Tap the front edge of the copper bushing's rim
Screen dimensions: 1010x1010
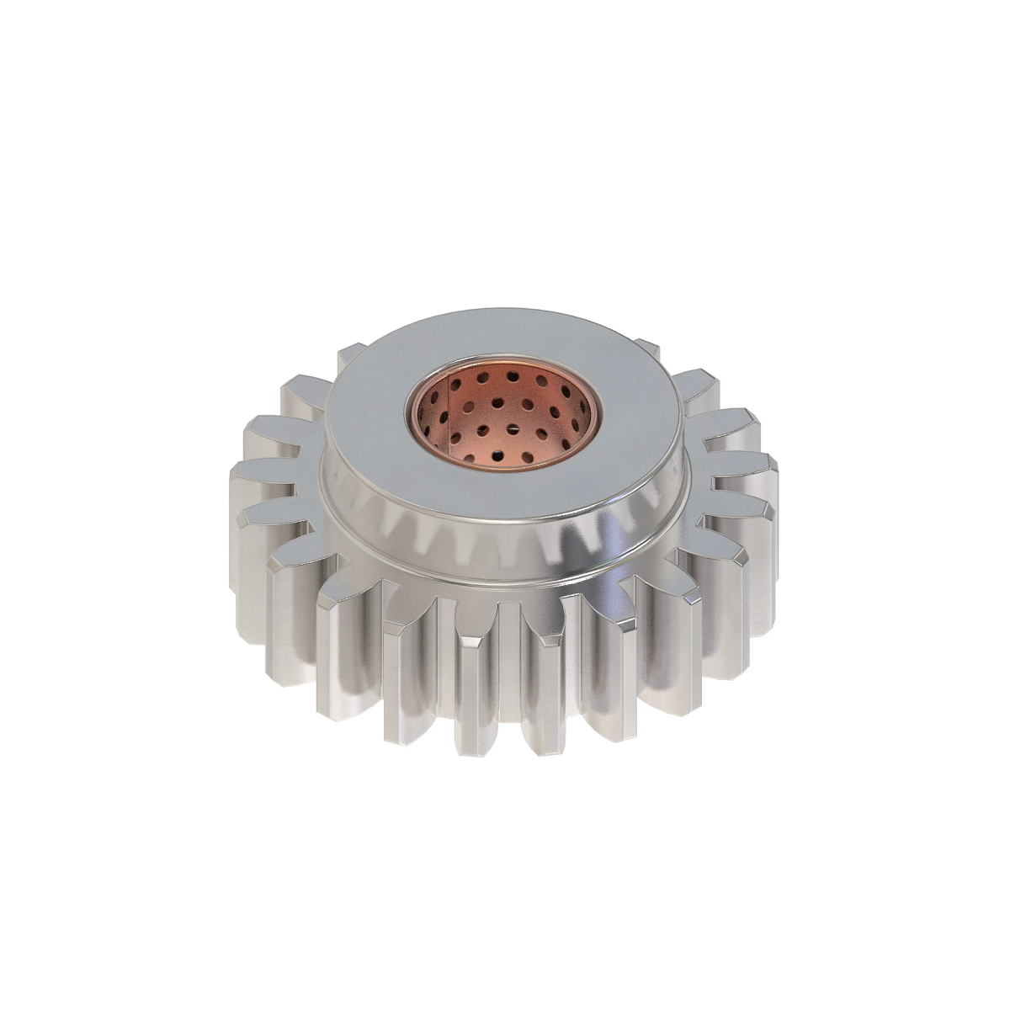point(505,468)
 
